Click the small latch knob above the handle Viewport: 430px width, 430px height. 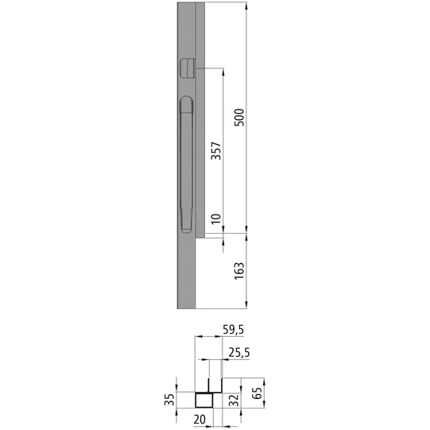[x=188, y=68]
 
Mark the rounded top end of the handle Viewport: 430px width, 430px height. [x=187, y=102]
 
